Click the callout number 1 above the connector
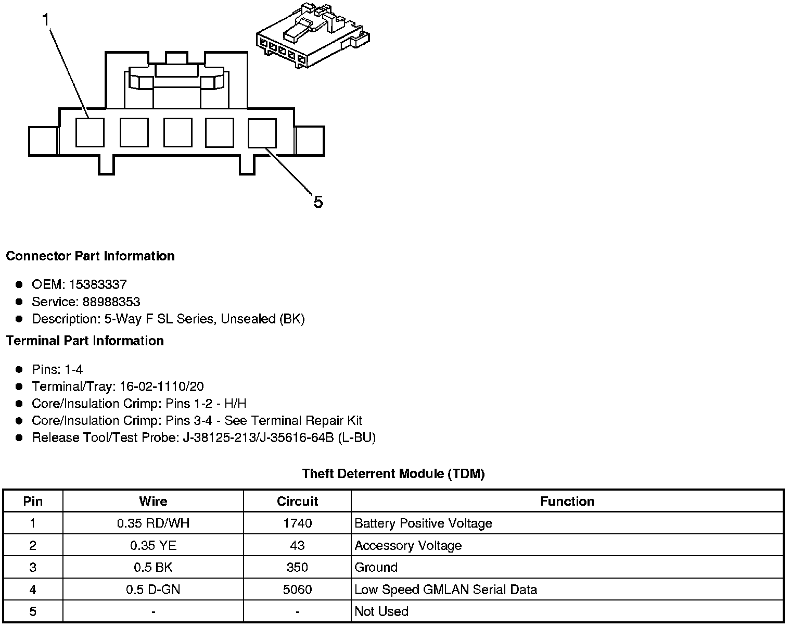46,20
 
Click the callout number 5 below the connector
318,202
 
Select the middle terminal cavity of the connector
177,132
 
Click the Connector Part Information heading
90,256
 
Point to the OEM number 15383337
98,284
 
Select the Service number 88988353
111,302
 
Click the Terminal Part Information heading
85,341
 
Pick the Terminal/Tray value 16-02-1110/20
161,386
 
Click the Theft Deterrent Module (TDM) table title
393,474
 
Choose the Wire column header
153,501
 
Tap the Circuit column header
297,501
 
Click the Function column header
567,501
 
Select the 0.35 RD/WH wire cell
153,523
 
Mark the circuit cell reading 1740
297,523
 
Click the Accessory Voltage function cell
408,545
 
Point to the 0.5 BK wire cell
153,567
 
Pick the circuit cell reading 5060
297,590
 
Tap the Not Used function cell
381,611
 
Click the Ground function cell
376,567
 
